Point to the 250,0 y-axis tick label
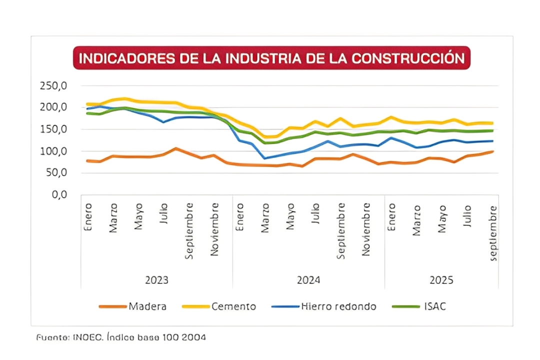point(53,85)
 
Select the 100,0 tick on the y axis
point(53,151)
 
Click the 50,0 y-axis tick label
point(55,172)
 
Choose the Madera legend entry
point(147,306)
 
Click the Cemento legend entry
point(233,306)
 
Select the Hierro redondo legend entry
point(338,306)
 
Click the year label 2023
point(156,280)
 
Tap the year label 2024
point(308,280)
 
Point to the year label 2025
point(441,280)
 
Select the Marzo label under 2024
point(265,218)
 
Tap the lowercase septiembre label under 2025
point(493,232)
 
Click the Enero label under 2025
point(391,216)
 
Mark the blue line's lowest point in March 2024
point(265,158)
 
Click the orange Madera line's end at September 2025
point(493,151)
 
